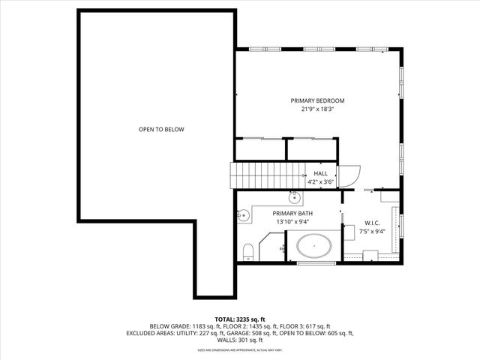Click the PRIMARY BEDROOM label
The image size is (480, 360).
point(317,100)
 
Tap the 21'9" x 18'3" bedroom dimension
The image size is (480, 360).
point(317,109)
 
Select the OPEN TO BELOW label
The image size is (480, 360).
point(161,130)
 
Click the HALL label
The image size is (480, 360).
point(320,173)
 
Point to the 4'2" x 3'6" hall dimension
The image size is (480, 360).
point(320,181)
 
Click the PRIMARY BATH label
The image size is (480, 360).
point(292,214)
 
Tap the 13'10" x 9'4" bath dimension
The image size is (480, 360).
point(292,222)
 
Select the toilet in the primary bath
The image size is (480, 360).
point(247,250)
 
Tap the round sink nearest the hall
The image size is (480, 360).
point(295,198)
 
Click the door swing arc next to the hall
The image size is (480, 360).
point(349,175)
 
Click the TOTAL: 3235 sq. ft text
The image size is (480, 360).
point(240,319)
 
